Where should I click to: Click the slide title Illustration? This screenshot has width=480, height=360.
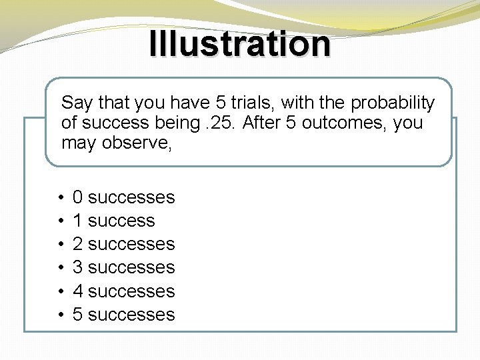point(239,44)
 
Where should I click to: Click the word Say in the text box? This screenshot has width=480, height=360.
point(77,103)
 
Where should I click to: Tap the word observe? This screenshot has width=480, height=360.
point(137,143)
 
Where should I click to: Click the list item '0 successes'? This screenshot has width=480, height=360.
point(123,197)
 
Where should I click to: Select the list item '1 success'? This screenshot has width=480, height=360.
point(113,221)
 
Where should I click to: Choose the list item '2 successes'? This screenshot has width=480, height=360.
point(123,244)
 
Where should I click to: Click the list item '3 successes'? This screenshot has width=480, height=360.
point(123,267)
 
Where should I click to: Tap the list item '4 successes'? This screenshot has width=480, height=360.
point(123,291)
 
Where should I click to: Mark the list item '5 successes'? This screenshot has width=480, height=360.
point(123,315)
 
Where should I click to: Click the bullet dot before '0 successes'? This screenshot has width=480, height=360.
point(61,198)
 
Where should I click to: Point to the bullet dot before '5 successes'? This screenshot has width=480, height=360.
point(61,315)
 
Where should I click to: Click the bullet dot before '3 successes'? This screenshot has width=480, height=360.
point(61,268)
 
